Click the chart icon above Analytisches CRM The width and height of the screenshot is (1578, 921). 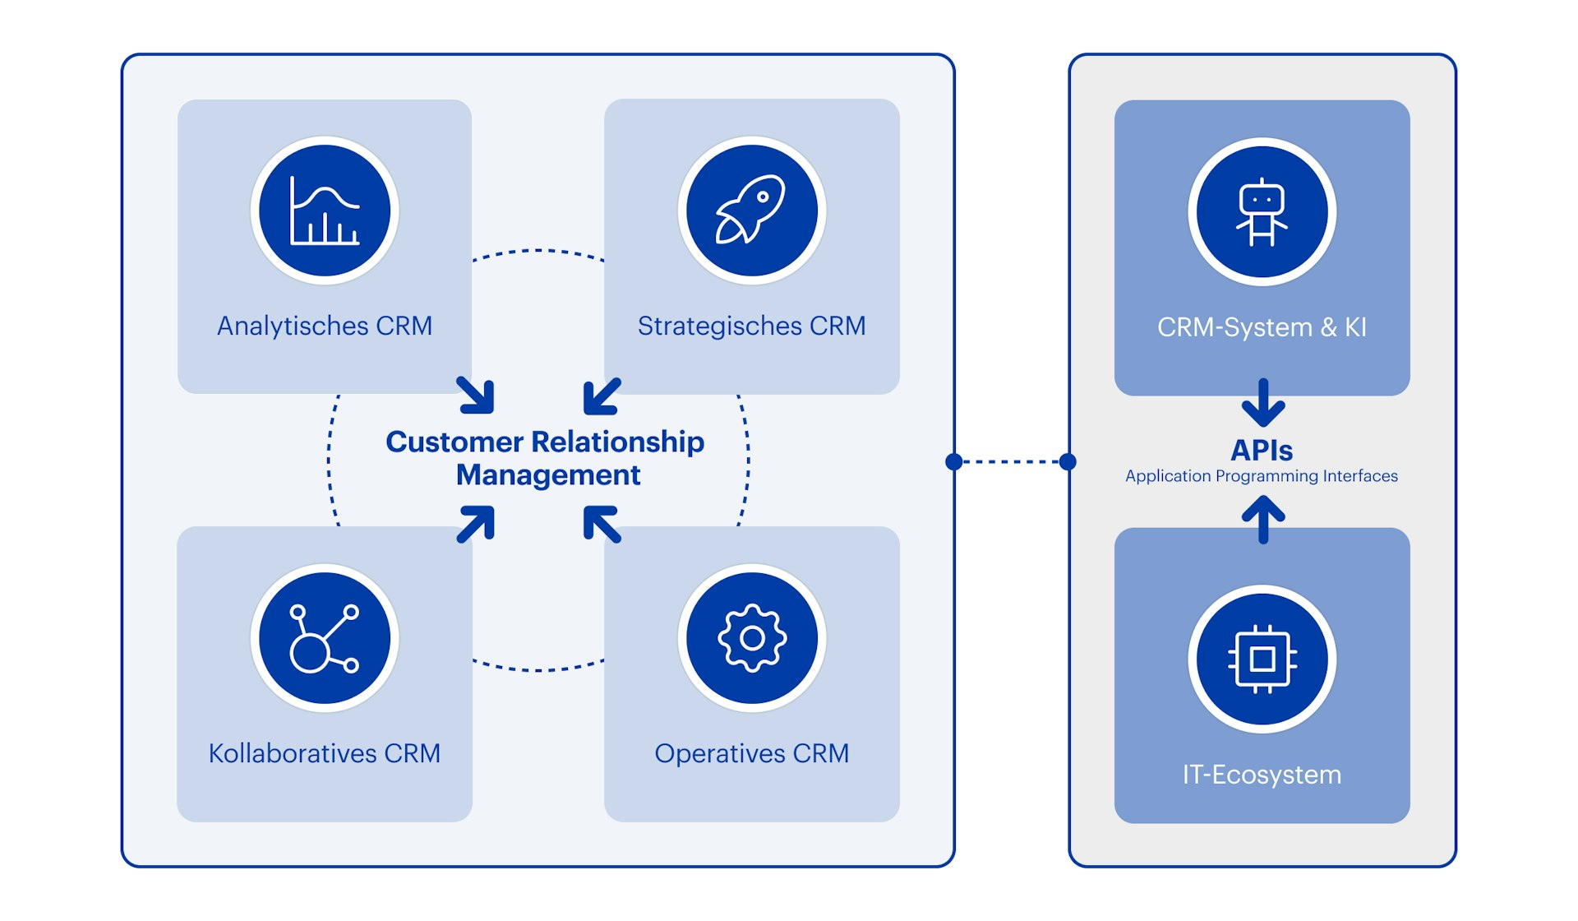[325, 211]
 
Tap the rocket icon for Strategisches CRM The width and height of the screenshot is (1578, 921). [751, 211]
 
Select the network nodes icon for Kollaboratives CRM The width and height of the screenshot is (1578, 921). [325, 638]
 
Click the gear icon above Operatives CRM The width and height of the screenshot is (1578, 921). [751, 638]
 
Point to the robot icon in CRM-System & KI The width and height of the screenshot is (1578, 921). [1262, 212]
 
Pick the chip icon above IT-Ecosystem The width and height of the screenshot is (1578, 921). [1262, 659]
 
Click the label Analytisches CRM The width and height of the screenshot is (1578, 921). [325, 326]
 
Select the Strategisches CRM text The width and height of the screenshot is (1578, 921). [751, 326]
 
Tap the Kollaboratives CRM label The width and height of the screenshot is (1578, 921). [325, 753]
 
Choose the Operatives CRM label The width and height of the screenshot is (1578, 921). [751, 753]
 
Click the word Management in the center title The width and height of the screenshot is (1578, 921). [548, 475]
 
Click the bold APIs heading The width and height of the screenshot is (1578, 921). [1262, 451]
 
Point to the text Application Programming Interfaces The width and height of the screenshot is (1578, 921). [1262, 476]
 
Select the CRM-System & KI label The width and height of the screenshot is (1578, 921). [1262, 327]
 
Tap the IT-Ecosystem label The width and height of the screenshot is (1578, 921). [1262, 775]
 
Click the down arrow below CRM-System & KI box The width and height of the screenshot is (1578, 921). [1263, 403]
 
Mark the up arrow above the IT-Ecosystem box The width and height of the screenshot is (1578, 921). [1263, 520]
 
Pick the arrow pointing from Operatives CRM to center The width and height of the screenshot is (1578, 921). [602, 524]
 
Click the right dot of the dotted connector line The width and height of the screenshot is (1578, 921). [1068, 461]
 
